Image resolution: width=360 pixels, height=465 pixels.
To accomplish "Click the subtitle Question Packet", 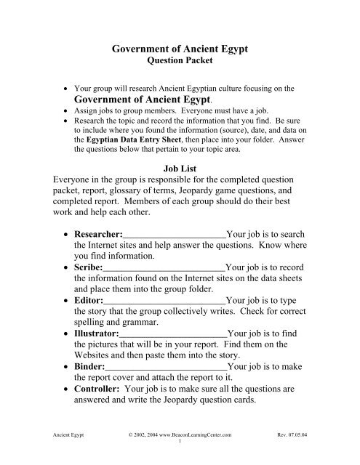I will (x=180, y=62).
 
